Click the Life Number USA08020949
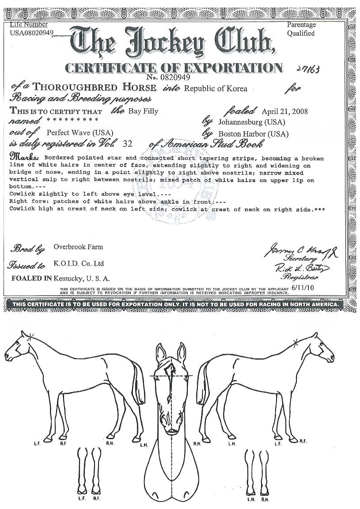point(31,33)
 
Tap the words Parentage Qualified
point(301,29)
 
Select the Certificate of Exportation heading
point(174,68)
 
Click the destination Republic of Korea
point(216,89)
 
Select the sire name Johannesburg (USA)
point(250,122)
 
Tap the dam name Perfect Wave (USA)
point(80,133)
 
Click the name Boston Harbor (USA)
point(254,133)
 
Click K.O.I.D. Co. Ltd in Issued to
point(79,263)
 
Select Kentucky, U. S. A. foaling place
point(82,278)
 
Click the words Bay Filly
point(143,111)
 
